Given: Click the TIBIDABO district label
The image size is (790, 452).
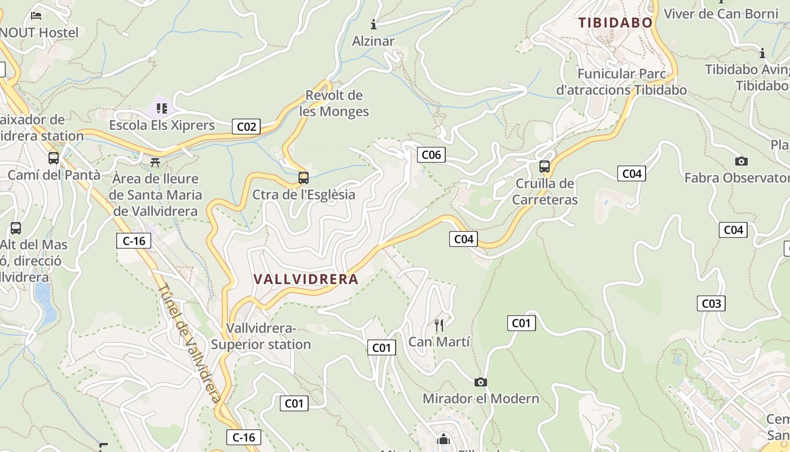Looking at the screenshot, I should tap(615, 23).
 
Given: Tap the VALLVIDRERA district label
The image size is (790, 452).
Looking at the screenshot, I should tap(306, 279).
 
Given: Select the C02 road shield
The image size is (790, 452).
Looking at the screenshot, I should tap(246, 127).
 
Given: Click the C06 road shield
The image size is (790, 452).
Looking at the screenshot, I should tap(431, 155).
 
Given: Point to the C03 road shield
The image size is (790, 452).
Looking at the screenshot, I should tap(711, 303).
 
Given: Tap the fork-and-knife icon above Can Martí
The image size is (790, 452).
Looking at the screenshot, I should tap(439, 325).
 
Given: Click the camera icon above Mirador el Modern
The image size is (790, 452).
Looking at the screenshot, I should tap(481, 383).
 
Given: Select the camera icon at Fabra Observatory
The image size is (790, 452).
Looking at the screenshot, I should tap(741, 162).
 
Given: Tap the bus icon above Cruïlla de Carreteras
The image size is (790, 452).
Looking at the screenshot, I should tap(545, 167).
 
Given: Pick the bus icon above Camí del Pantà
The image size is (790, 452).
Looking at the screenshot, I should tap(54, 158).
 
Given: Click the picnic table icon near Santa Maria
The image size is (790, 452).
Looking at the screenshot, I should tap(155, 163).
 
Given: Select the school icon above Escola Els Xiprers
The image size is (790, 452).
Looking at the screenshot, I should tap(162, 108).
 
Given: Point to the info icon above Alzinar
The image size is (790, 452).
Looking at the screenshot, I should tap(373, 24).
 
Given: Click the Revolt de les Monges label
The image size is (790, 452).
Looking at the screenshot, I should tap(334, 103).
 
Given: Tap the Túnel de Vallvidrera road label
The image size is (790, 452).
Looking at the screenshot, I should tap(189, 343).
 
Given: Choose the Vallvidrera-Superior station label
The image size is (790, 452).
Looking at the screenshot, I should tap(261, 336).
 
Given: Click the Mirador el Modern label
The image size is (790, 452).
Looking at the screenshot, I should tap(481, 398).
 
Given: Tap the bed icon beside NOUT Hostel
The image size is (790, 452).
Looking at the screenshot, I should tap(37, 16).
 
